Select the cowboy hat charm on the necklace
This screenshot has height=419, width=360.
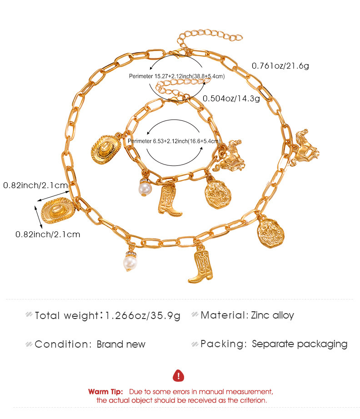(x=58, y=210)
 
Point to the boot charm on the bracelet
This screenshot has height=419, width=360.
(x=169, y=200)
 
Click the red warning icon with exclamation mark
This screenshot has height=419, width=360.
(x=178, y=376)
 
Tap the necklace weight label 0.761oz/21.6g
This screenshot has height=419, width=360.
(x=280, y=66)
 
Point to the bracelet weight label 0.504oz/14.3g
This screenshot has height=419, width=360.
(x=231, y=99)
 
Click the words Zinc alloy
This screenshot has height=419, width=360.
(x=272, y=315)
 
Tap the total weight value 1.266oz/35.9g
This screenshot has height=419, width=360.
(x=143, y=315)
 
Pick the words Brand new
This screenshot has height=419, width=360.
(x=121, y=344)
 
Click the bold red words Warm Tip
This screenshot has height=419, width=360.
(x=105, y=392)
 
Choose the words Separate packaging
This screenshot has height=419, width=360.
(x=300, y=344)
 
